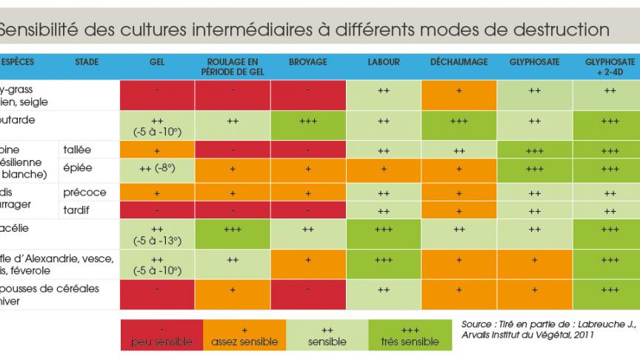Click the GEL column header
(x=156, y=62)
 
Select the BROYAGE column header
(x=307, y=62)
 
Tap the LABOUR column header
(x=383, y=62)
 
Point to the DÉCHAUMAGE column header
(x=459, y=62)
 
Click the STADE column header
(x=87, y=62)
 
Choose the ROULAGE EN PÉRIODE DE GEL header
(x=232, y=67)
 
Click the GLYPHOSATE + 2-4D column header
(x=610, y=67)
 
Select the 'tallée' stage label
(x=78, y=150)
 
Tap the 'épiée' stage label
(x=78, y=168)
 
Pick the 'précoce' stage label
(x=82, y=193)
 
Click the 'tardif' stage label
(x=77, y=210)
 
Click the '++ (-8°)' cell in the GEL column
(x=156, y=168)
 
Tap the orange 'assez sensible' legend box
(x=244, y=336)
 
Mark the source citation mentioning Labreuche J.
(x=549, y=330)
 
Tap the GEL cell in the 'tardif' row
(x=156, y=210)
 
